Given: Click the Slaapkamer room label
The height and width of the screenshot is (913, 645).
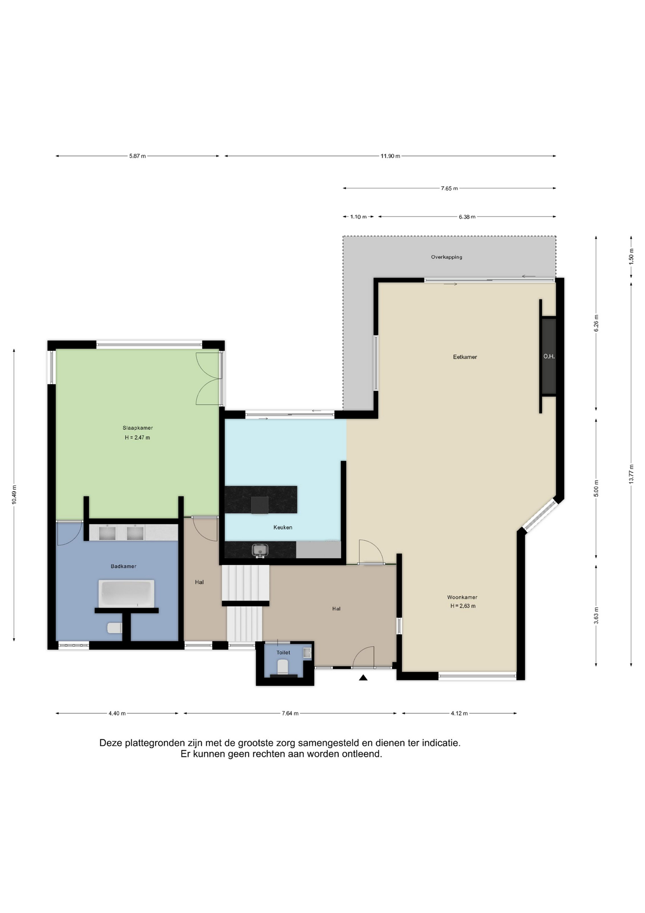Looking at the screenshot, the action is [x=138, y=428].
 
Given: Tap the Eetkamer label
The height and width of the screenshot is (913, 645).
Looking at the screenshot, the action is [x=465, y=357].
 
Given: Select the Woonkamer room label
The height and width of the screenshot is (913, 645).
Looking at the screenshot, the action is [x=462, y=597].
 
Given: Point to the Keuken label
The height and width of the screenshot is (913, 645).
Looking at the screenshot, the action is [x=283, y=527].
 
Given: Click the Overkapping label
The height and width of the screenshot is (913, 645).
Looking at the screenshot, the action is [x=446, y=257].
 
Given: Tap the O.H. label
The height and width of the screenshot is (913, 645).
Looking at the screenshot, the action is [x=549, y=356].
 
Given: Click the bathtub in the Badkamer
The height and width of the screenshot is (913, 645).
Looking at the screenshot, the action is [x=126, y=593].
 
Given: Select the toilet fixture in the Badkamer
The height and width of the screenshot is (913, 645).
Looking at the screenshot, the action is [x=114, y=628].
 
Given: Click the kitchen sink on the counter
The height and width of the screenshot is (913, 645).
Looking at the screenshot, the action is [x=260, y=550].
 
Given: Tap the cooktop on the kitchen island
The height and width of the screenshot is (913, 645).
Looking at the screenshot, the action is [x=260, y=505].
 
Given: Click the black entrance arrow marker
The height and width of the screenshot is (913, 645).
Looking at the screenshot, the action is [x=363, y=678].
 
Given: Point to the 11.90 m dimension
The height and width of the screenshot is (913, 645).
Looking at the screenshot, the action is [x=390, y=156].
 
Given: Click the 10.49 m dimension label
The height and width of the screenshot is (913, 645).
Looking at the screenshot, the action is [x=14, y=495].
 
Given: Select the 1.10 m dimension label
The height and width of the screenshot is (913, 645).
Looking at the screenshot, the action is [x=358, y=217].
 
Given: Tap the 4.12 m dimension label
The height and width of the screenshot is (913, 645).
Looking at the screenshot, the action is [x=459, y=713].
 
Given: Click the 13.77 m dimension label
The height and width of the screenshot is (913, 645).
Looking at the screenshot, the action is [x=631, y=474].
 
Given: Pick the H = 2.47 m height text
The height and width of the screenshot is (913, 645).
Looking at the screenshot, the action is [x=137, y=437].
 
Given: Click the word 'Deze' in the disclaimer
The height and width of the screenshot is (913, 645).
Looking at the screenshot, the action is [x=111, y=743].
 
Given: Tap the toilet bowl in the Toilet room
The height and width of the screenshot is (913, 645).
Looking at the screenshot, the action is [x=283, y=667].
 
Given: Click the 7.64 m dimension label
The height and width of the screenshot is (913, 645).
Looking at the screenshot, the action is [x=290, y=713].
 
